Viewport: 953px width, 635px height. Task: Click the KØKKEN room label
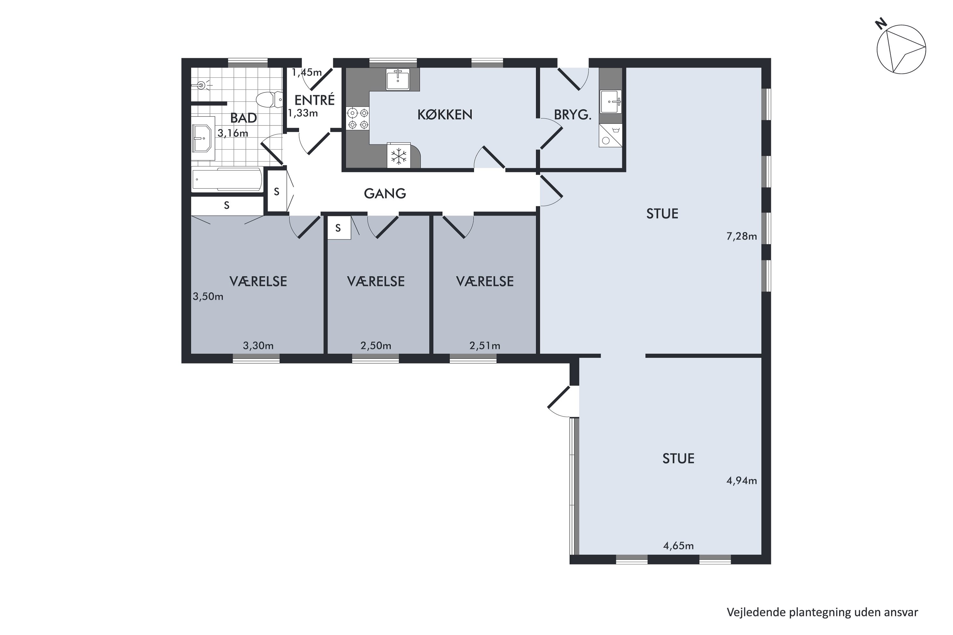coord(445,115)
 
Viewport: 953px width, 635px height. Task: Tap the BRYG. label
coord(572,115)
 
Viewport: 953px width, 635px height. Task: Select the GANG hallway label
coord(385,194)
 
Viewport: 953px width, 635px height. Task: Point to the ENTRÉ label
coord(314,100)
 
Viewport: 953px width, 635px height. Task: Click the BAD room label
coord(244,118)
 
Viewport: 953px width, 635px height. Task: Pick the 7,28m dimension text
coord(741,236)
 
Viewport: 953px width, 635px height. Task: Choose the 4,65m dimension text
coord(678,546)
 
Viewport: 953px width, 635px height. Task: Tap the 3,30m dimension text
coord(258,345)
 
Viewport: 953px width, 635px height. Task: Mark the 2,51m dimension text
coord(485,345)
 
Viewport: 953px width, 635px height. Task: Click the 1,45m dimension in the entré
coord(307,72)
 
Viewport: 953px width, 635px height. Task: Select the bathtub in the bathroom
coord(227,179)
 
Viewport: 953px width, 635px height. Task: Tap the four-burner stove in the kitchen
coord(358,118)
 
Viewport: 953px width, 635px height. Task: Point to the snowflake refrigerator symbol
coord(399,156)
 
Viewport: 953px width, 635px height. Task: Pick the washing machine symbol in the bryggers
coord(610,135)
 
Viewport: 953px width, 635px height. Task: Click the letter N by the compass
coord(881,24)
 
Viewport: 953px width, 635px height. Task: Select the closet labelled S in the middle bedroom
coord(339,228)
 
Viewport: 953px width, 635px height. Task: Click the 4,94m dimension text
coord(741,481)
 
